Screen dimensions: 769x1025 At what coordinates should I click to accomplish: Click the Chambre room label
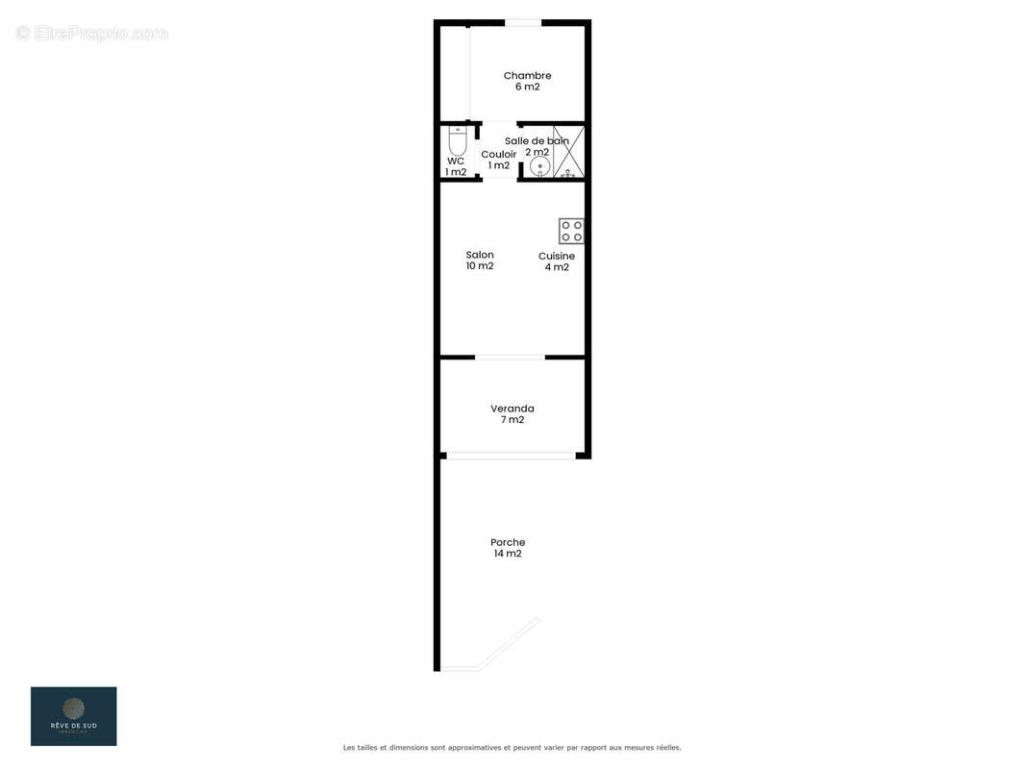pos(527,76)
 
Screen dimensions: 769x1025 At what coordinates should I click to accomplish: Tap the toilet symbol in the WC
pos(458,142)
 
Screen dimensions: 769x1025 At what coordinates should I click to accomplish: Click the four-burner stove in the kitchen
pos(571,231)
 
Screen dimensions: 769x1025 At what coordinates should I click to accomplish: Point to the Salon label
pos(480,255)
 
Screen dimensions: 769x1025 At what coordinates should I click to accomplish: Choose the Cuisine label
pos(557,257)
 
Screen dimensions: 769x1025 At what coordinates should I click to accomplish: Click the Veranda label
pos(512,409)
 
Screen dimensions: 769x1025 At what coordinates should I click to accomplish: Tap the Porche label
pos(508,542)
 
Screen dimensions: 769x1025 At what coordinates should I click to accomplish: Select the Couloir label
pos(498,154)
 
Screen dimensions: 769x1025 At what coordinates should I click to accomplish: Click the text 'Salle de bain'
pos(537,141)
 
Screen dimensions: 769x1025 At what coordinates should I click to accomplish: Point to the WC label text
pos(456,161)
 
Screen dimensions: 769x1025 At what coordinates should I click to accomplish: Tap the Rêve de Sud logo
pos(73,715)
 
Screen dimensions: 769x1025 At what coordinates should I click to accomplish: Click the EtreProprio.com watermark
pos(92,33)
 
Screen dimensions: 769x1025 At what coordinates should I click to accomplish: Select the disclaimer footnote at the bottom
pos(512,747)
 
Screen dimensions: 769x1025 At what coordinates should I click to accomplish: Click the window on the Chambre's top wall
pos(523,23)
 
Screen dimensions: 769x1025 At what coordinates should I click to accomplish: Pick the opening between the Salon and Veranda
pos(510,358)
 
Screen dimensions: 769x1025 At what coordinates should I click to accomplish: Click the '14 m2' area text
pos(507,554)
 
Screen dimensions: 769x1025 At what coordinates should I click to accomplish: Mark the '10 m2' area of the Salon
pos(480,266)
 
